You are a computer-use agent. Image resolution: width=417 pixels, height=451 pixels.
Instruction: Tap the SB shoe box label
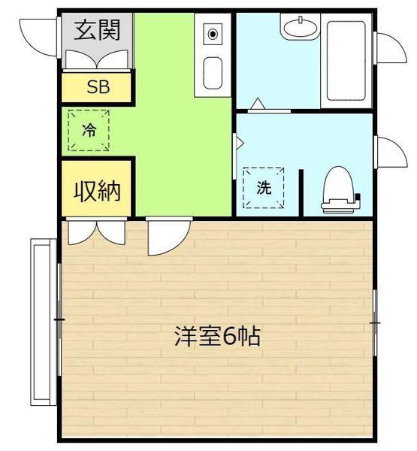98,86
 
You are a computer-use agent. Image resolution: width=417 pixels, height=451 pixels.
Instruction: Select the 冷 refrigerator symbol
89,130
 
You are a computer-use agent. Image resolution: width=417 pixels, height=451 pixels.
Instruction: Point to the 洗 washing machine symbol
264,188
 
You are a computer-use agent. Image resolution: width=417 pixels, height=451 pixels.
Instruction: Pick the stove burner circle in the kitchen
213,33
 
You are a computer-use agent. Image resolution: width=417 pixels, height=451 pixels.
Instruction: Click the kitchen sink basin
213,74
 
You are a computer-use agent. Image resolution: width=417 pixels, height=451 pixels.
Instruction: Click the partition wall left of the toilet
301,192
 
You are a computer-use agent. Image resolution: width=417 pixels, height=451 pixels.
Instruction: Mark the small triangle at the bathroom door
258,103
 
